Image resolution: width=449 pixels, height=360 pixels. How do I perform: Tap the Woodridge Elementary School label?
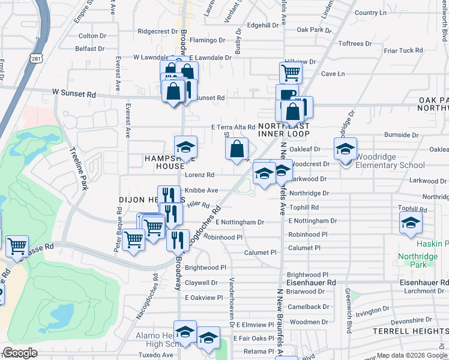390,165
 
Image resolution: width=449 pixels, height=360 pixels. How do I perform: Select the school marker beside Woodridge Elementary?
345,149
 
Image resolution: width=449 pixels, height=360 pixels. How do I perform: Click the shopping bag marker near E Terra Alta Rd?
238,149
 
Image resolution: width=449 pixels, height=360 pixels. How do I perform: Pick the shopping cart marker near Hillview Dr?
291,73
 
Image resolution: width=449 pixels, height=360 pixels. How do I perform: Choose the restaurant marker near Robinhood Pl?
177,240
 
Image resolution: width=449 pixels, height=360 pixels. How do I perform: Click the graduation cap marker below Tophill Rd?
411,224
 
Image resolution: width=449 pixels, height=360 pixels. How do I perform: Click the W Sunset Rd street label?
74,94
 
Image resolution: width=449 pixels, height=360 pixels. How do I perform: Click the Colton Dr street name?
92,36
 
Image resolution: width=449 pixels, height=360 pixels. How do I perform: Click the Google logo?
20,353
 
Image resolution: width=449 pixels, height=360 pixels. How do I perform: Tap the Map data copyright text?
411,355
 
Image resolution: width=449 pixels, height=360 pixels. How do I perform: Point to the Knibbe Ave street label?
201,190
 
